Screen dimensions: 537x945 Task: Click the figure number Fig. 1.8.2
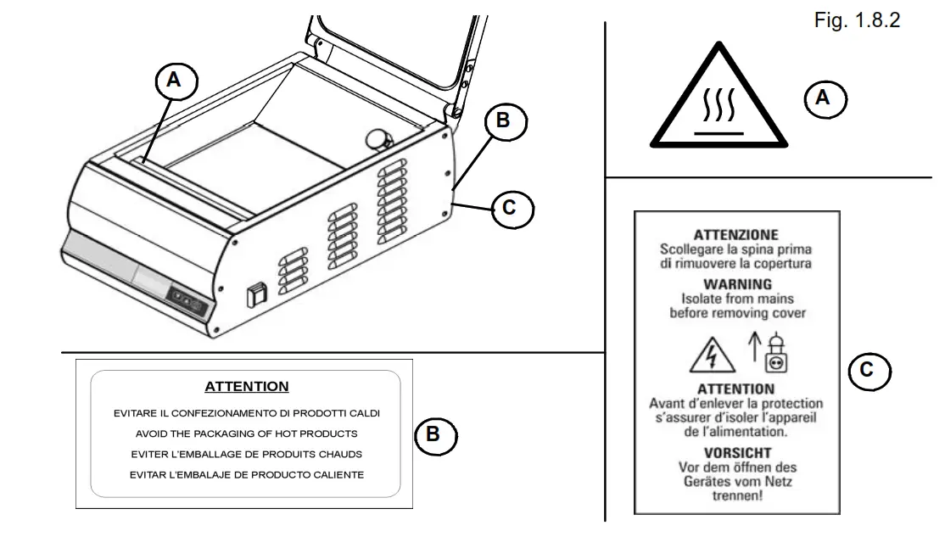point(856,20)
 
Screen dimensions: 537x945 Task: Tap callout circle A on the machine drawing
point(175,81)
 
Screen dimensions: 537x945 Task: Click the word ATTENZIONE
point(735,235)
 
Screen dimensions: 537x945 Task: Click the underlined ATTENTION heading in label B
point(247,387)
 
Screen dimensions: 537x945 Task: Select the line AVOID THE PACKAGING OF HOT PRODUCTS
point(247,434)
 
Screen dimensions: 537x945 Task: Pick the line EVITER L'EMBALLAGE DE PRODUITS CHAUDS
point(247,454)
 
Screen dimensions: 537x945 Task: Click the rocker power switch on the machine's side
point(254,294)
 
